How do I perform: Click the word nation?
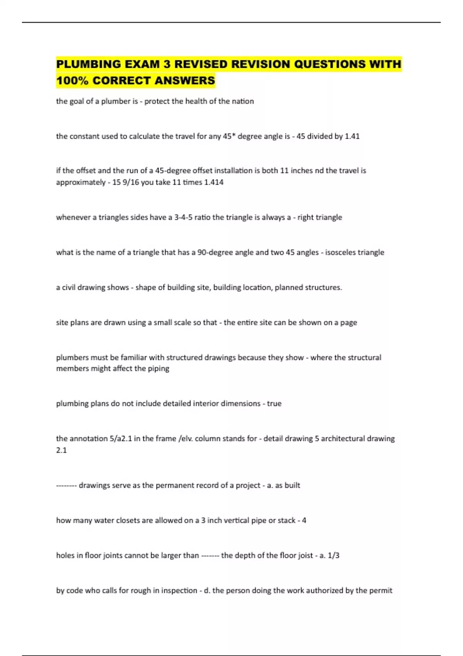(243, 101)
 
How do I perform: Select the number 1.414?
(214, 182)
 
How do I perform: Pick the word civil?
(69, 287)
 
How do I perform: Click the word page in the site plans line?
(348, 323)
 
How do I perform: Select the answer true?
(274, 404)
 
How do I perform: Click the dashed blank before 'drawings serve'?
(67, 485)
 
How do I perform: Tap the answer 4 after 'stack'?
(304, 521)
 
